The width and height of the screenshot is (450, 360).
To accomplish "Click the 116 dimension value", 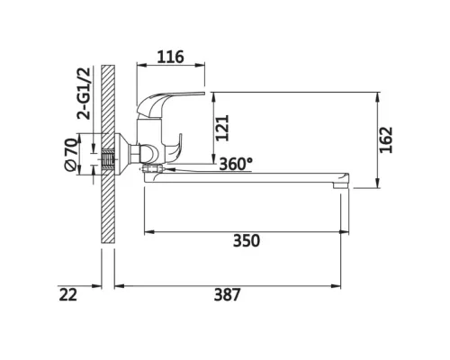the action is coord(170,57).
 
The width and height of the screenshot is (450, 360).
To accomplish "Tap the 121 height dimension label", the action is coord(222,128).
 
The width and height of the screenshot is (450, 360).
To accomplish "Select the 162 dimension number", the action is coord(386,139).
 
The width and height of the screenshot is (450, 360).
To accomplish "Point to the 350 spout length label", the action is coord(247,240).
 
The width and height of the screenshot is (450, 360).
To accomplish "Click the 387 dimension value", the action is coord(228,294).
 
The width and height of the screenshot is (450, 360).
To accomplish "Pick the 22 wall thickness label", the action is coord(68,294).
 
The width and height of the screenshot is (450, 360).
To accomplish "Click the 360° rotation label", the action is coord(236,164).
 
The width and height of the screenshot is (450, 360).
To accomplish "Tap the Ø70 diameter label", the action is coord(71,154).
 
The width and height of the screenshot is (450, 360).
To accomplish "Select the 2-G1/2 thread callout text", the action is coord(84,94).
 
